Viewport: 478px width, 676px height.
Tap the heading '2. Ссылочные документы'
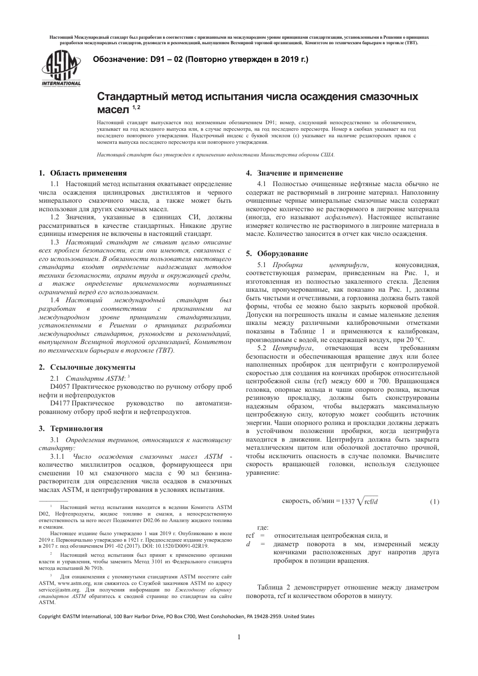click(x=87, y=367)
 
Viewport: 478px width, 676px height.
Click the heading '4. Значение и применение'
click(x=294, y=173)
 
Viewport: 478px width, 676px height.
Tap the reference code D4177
click(x=60, y=403)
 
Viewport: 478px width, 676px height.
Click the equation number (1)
click(x=434, y=501)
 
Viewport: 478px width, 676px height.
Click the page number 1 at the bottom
click(x=239, y=637)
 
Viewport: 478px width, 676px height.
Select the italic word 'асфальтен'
click(x=342, y=217)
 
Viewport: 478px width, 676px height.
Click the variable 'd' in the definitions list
click(x=248, y=544)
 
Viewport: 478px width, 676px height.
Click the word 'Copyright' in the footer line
click(x=50, y=616)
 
